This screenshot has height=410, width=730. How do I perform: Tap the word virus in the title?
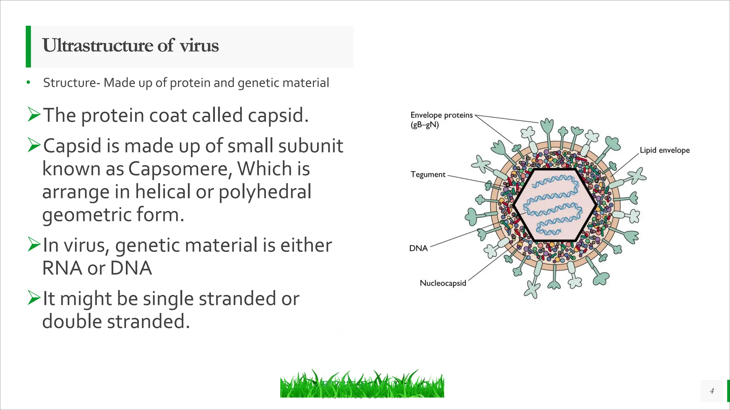pos(199,46)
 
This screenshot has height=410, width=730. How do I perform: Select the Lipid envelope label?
pos(664,150)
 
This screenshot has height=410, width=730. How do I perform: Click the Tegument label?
pos(428,174)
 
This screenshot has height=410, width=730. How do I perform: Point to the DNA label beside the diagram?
pos(418,248)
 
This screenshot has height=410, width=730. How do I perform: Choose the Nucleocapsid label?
pos(443,283)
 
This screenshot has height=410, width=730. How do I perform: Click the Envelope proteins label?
pos(441,115)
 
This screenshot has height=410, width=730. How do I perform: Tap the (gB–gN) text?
pos(425,125)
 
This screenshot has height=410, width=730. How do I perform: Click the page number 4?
pos(712,391)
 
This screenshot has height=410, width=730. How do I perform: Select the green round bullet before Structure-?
pos(28,83)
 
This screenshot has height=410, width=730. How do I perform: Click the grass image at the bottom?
pos(362,384)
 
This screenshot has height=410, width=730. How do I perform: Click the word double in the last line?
pos(72,321)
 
